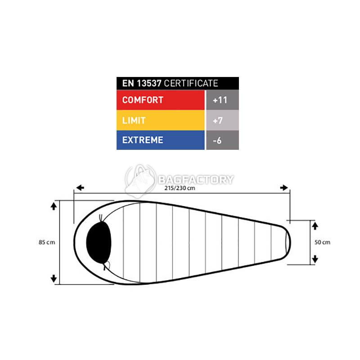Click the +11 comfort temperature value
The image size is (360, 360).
[x=220, y=100]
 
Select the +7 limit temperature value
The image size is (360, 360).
[x=218, y=120]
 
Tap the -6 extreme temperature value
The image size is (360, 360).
[x=217, y=140]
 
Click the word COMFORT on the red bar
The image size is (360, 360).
[x=143, y=100]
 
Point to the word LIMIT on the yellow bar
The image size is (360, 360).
[x=134, y=120]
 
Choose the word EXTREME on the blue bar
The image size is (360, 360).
[x=143, y=140]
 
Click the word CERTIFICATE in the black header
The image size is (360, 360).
[x=191, y=83]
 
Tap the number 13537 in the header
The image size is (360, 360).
[x=149, y=83]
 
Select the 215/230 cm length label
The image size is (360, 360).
[x=180, y=188]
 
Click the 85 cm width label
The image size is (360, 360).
[x=47, y=242]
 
